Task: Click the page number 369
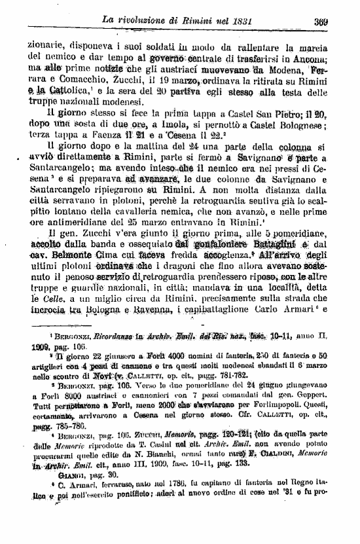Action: coord(338,21)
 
